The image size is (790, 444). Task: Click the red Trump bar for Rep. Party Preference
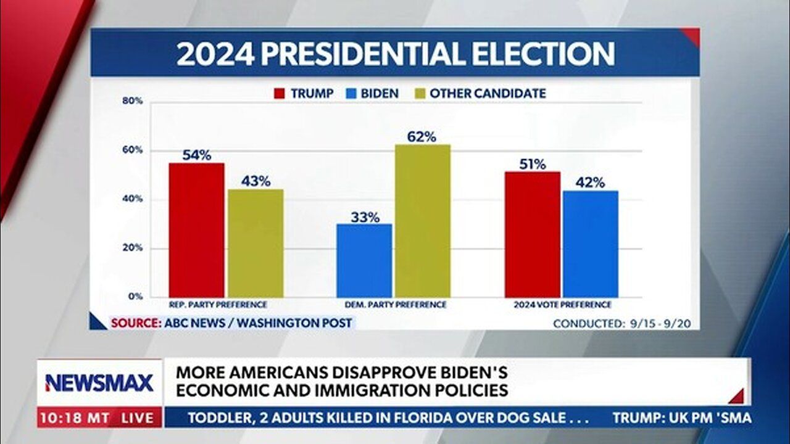point(196,230)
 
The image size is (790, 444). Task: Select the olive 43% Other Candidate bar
point(255,243)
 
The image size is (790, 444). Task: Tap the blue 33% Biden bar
point(364,260)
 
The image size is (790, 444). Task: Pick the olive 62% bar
point(423,221)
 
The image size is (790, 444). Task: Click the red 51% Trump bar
point(532,234)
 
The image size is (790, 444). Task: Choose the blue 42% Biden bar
point(590,244)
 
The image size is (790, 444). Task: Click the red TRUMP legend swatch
point(280,94)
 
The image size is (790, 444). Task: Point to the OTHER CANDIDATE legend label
point(488,94)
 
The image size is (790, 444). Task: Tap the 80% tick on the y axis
point(132,101)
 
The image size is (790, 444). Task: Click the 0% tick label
point(136,297)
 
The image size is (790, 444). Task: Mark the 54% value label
point(196,155)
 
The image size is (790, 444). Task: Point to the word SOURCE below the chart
point(134,323)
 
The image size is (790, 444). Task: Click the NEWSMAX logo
point(99,383)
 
